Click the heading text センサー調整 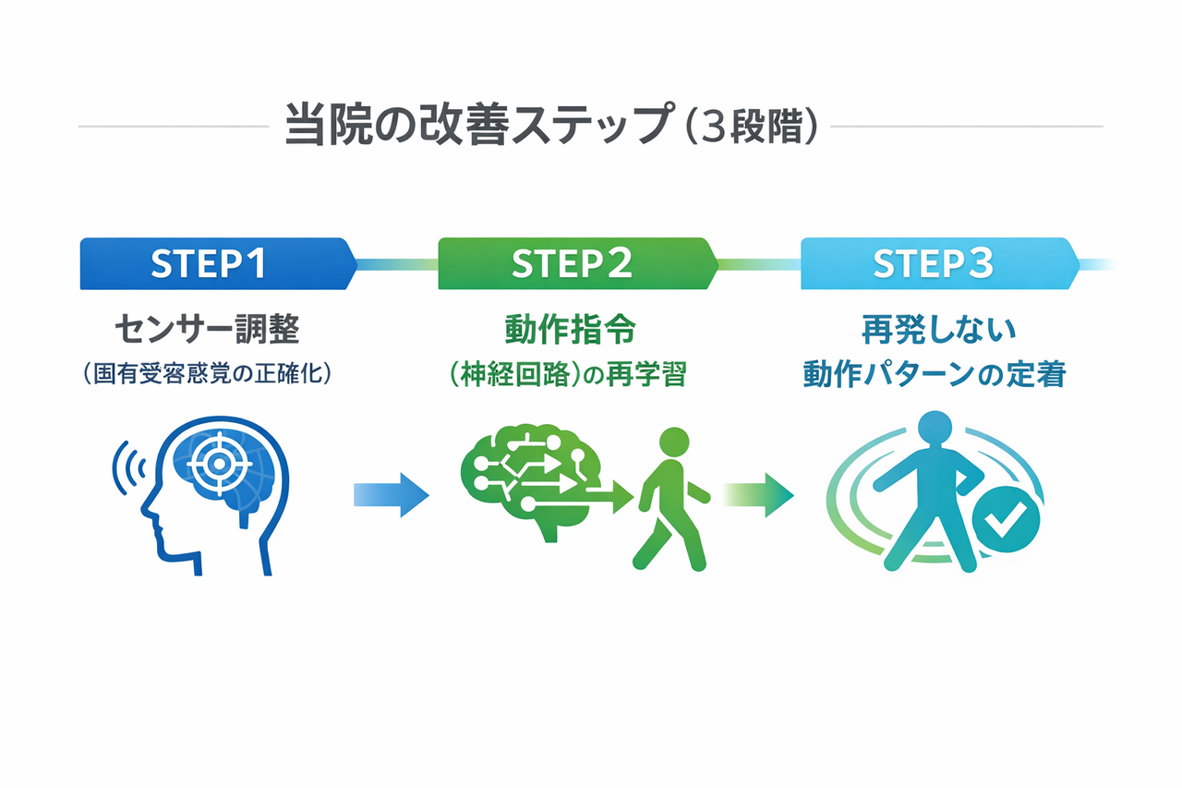tap(207, 328)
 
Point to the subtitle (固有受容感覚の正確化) tap(207, 375)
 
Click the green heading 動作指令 tap(572, 328)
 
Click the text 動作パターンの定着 tap(935, 375)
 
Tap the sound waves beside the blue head tap(128, 468)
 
